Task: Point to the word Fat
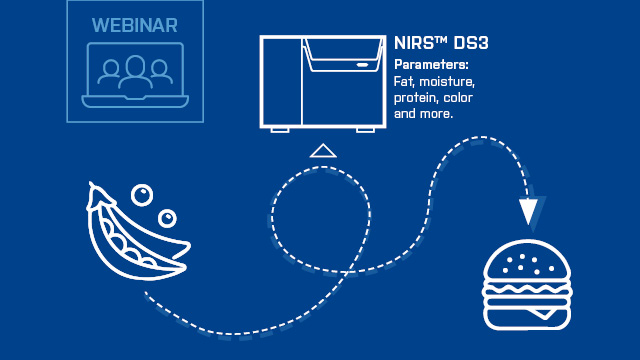tap(404, 81)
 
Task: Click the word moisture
tap(449, 81)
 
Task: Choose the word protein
tap(418, 98)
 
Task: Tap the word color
tap(459, 98)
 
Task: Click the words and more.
tap(424, 114)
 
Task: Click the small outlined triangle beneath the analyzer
tap(321, 151)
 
